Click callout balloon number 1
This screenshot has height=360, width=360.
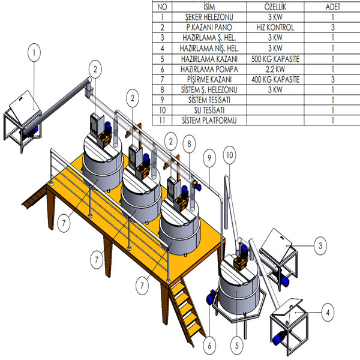tap(35, 52)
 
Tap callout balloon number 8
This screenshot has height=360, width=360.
tap(188, 143)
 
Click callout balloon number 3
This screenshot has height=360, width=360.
tap(320, 245)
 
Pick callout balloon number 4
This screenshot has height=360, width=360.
tap(327, 312)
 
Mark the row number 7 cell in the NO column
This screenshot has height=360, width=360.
tap(162, 79)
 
